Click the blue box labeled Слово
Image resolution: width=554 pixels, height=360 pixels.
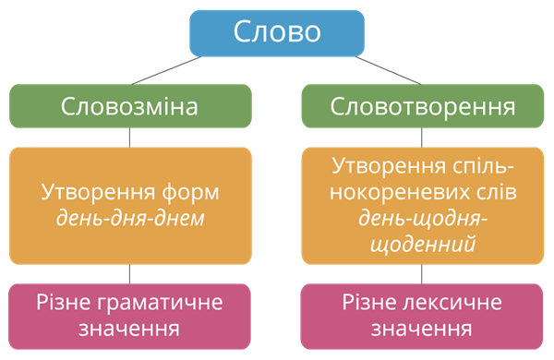click(277, 32)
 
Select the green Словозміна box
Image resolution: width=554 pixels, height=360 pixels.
click(130, 106)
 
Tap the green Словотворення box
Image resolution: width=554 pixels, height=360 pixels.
click(422, 106)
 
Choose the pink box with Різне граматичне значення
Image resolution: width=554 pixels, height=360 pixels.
click(130, 316)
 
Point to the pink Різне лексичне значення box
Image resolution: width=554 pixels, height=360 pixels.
click(422, 316)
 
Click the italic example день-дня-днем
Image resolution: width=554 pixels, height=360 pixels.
click(130, 220)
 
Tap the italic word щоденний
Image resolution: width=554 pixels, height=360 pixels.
click(422, 246)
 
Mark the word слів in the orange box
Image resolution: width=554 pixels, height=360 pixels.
click(490, 194)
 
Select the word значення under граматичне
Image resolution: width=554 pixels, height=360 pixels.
click(130, 329)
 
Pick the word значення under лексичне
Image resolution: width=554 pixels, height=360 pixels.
click(422, 329)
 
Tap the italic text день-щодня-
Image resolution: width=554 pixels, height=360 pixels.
click(422, 220)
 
